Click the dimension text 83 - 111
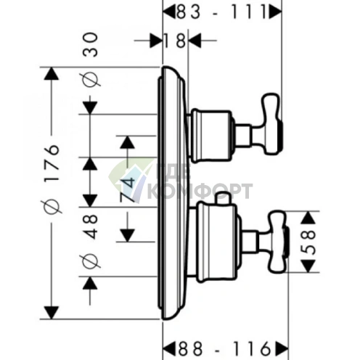tap(221, 12)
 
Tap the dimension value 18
tap(174, 41)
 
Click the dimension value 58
tap(308, 242)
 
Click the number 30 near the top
tap(91, 45)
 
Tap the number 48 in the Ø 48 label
tap(91, 227)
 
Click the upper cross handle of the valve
tap(271, 124)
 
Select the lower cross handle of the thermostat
tap(279, 242)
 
